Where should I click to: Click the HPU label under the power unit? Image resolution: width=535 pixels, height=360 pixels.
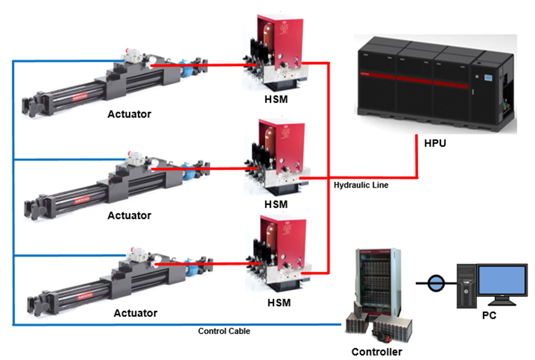coord(435,143)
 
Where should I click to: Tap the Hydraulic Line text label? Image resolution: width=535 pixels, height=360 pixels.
coord(361,185)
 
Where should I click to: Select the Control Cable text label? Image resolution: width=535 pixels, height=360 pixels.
coord(224,331)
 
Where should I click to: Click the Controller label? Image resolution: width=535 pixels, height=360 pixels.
coord(377,352)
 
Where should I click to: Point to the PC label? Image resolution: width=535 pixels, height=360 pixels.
coord(489,315)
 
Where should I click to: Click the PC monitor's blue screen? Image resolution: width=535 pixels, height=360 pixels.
coord(502,280)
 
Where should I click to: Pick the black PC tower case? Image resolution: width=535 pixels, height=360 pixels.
coord(467,286)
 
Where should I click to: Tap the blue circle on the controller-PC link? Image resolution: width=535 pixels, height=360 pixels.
coord(435,283)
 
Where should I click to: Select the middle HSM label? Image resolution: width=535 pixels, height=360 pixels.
coord(276,205)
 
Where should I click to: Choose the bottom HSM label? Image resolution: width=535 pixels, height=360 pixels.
coord(276,303)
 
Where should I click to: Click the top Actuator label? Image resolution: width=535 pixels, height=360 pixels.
coord(129,114)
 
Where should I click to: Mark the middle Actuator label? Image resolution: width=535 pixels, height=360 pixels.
coord(129,215)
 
